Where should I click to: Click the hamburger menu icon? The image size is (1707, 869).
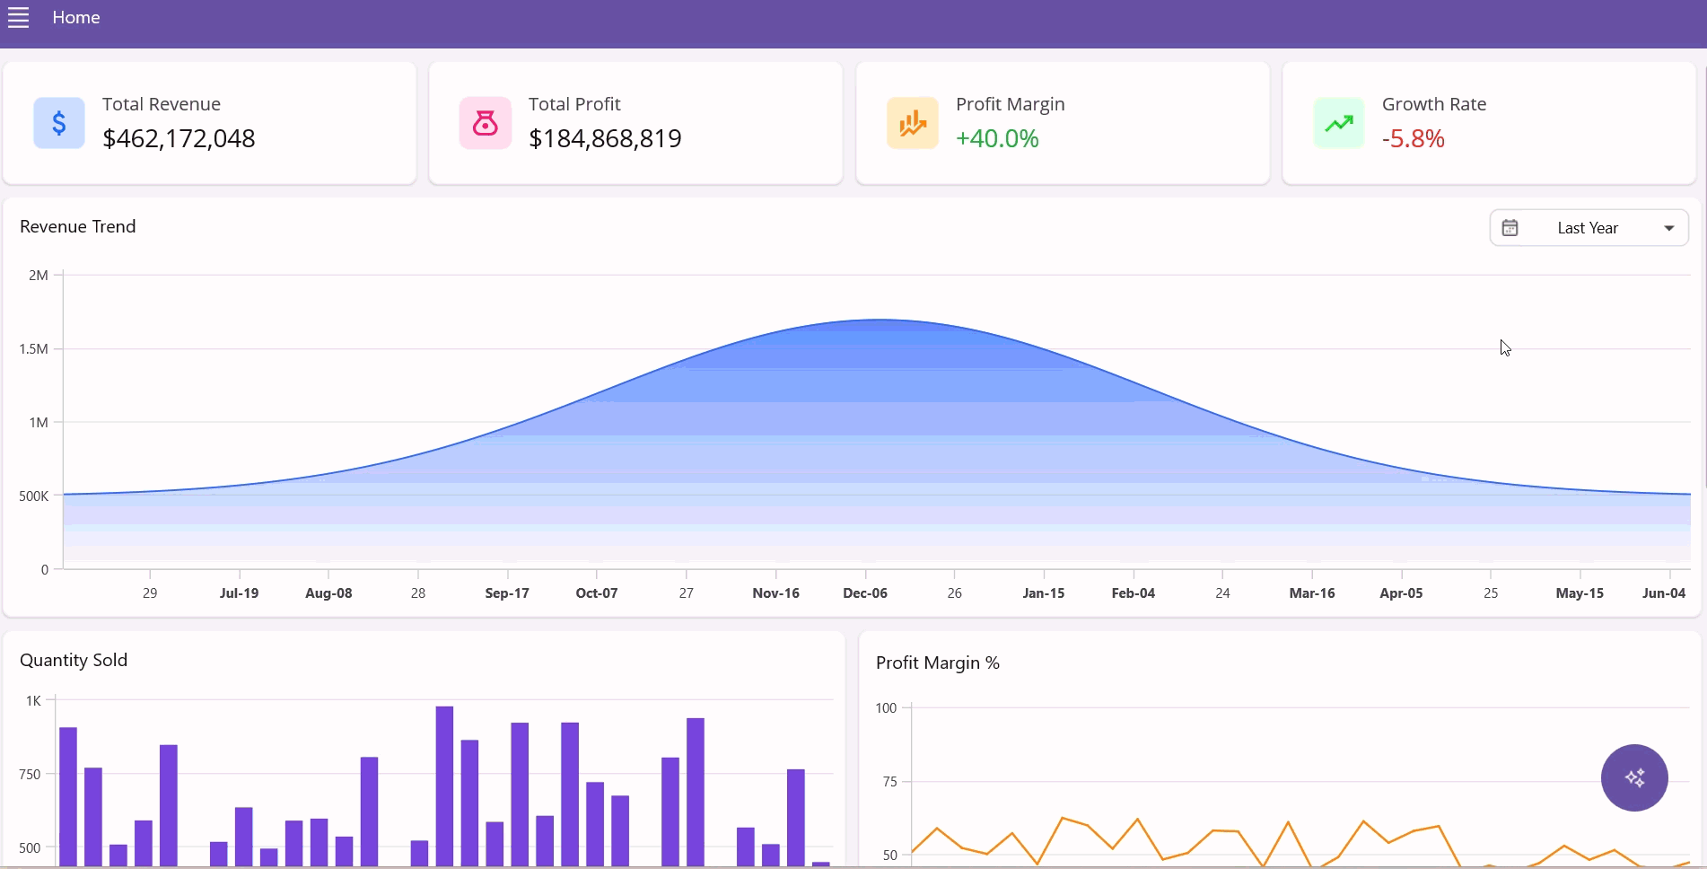pos(19,18)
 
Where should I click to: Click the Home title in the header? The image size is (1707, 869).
pos(76,18)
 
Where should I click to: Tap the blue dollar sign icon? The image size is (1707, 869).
pos(59,123)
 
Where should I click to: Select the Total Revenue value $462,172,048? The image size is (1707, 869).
pos(179,138)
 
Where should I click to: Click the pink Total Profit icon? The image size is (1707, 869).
pos(486,123)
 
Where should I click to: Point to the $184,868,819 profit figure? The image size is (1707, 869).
pos(605,138)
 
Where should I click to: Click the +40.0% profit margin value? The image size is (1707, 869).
pos(997,138)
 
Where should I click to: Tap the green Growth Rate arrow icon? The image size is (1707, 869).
pos(1339,123)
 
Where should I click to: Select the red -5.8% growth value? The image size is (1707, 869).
pos(1414,138)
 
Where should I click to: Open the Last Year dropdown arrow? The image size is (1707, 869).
pos(1669,228)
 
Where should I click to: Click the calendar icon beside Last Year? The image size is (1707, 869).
pos(1510,228)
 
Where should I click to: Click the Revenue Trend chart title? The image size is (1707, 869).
pos(78,226)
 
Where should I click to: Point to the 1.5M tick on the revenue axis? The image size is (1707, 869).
pos(34,348)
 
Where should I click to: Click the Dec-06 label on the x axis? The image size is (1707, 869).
pos(865,593)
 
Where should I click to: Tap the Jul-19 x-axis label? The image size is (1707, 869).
pos(239,593)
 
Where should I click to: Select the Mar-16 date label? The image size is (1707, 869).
pos(1312,593)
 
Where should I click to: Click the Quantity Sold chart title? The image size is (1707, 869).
pos(74,660)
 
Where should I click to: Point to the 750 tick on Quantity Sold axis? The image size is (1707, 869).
pos(30,774)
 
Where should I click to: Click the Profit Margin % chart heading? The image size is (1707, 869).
pos(938,663)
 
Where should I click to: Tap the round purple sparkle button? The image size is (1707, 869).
pos(1634,777)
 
